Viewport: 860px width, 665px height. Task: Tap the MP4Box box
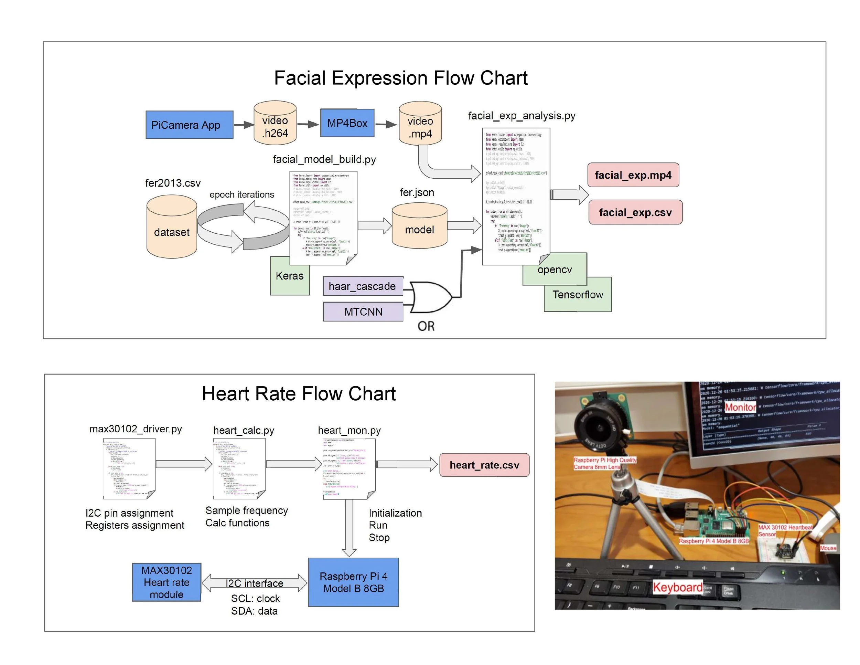point(347,123)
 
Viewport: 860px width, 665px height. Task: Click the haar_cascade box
point(363,286)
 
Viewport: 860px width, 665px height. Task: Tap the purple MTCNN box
point(363,312)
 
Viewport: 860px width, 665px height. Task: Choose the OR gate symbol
point(430,297)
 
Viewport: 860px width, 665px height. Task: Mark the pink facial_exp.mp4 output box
point(633,175)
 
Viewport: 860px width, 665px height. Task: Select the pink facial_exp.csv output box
point(635,213)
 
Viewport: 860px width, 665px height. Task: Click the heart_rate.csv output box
point(484,465)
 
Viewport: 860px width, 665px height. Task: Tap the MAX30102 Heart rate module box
point(166,582)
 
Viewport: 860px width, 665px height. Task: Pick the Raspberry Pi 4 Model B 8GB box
point(353,582)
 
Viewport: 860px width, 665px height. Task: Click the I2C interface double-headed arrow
point(254,583)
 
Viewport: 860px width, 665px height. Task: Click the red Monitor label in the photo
point(740,407)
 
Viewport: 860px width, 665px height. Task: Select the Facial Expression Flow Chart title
point(400,78)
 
